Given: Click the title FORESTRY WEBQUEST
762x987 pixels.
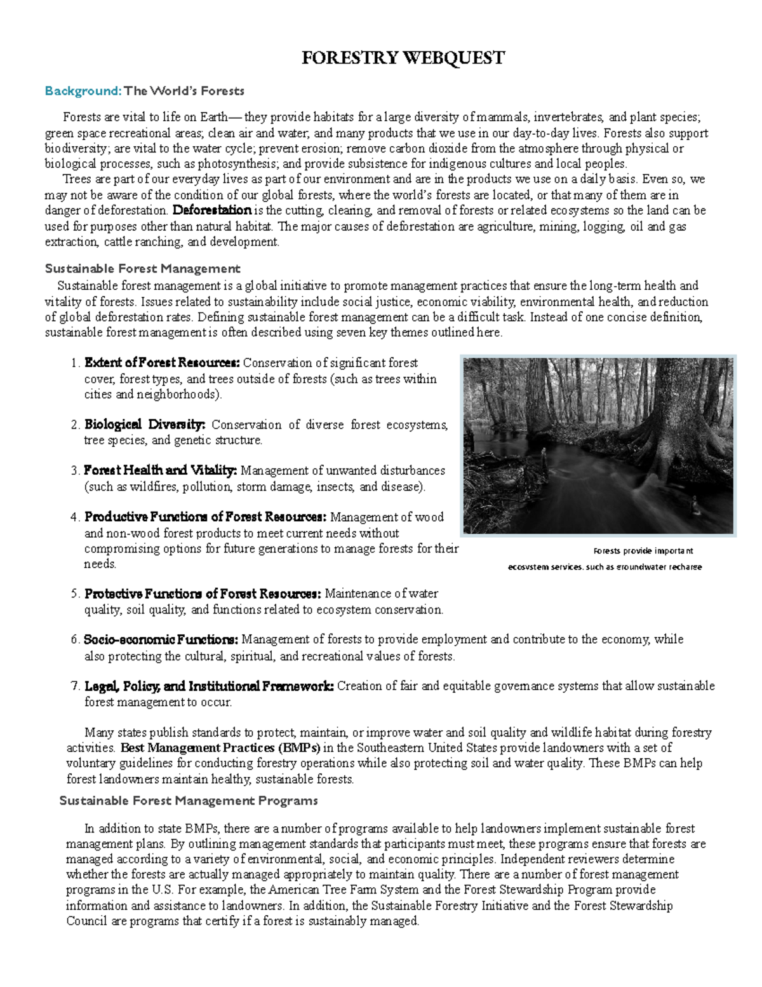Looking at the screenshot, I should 403,58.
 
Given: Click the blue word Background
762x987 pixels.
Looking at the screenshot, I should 83,91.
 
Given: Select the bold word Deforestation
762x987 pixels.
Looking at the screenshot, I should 212,210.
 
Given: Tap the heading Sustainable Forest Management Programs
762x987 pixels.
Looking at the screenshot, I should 188,801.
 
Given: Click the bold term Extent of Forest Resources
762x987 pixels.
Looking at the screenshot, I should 162,364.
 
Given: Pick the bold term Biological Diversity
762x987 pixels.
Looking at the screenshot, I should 145,425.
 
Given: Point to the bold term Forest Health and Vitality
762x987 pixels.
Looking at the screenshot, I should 160,471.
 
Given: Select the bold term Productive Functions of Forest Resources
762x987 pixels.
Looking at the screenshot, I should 205,517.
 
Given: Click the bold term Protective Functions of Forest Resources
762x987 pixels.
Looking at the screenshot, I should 203,594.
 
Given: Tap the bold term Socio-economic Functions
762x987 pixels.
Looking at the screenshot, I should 161,640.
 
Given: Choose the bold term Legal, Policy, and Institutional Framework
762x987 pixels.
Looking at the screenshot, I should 209,686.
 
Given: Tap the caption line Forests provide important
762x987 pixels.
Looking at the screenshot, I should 643,551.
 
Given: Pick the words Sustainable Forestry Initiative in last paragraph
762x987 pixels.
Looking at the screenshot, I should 450,906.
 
